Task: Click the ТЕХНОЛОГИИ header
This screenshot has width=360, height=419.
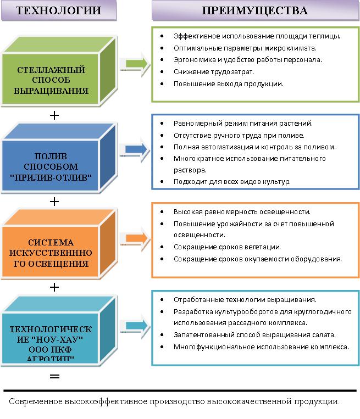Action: [58, 10]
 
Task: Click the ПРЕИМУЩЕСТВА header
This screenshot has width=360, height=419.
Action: [254, 10]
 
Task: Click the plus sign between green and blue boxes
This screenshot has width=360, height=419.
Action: [54, 115]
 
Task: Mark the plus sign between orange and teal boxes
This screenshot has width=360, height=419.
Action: [54, 287]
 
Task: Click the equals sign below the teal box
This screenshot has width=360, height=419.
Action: [54, 377]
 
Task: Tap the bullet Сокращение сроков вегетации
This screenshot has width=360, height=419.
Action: [227, 247]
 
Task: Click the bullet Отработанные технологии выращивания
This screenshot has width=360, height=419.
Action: [245, 300]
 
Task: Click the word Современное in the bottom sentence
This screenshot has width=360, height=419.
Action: [34, 401]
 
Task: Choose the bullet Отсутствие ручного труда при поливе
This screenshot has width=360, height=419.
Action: [239, 135]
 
